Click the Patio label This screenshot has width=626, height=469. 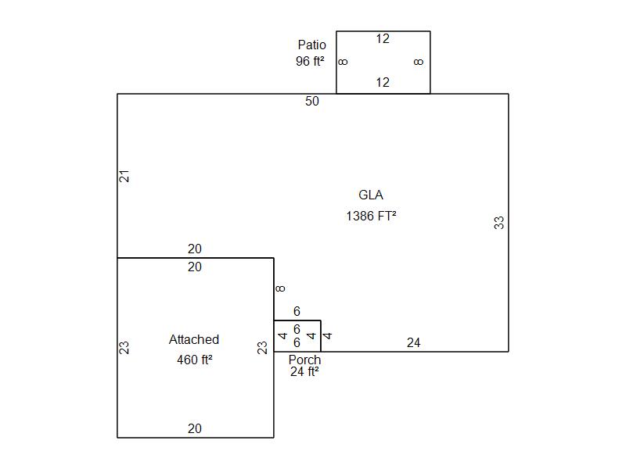pos(311,45)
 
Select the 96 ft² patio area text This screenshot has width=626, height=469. pos(310,61)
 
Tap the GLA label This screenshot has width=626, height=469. pos(371,195)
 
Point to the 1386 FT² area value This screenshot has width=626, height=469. pos(371,216)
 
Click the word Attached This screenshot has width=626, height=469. pos(194,340)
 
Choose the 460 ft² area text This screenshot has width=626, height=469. pos(194,360)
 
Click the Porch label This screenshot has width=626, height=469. pos(304,360)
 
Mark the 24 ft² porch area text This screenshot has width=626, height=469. pos(304,372)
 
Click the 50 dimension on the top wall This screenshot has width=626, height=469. pos(312,102)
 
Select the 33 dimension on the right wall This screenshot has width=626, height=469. pos(499,223)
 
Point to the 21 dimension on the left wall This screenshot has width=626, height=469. pos(124,176)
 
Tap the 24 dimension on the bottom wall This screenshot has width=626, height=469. pos(413,342)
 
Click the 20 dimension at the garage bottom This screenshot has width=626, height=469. pos(195,428)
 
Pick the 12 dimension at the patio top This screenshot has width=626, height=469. pos(383,39)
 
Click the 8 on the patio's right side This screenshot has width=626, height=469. pos(419,62)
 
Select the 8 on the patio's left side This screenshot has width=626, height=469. pos(344,62)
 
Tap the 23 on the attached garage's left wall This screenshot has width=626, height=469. pos(124,347)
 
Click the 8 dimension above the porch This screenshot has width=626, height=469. pos(281,288)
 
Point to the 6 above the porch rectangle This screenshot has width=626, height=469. pos(297,312)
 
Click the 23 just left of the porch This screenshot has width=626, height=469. pos(264,347)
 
